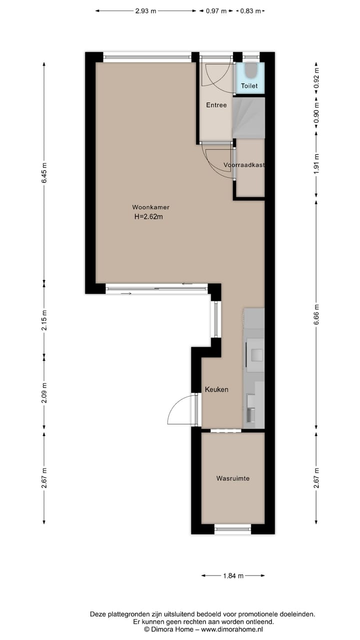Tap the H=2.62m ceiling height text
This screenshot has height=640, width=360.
point(148,216)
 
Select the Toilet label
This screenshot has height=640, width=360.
point(249,86)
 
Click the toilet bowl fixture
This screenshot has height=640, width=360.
point(250,71)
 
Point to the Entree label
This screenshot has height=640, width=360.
point(216,105)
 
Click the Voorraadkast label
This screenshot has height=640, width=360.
point(244,164)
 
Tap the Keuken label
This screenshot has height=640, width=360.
point(216,389)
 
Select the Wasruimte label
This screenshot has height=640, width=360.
point(232,478)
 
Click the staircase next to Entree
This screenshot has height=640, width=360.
point(248,118)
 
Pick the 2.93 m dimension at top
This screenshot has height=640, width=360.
point(145,10)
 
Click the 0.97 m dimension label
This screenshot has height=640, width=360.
point(216,10)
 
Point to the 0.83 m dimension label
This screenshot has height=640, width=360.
point(250,10)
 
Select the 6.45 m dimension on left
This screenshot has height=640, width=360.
point(44,173)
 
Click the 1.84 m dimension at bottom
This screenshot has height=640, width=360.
point(232,575)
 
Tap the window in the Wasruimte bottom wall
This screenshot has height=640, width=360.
point(232,529)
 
